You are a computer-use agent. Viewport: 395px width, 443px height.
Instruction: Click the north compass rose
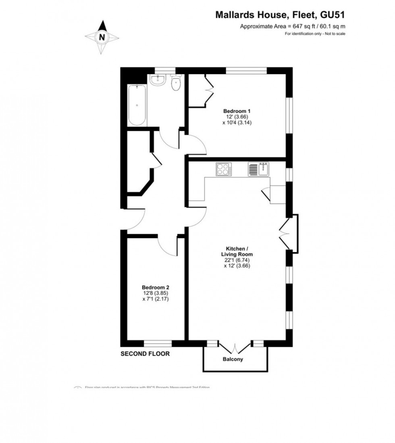point(102,38)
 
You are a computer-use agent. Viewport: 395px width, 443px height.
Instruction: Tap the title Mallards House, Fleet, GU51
point(280,15)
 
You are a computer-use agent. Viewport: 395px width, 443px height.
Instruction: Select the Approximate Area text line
point(293,27)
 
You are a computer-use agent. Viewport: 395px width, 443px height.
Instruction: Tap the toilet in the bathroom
point(176,84)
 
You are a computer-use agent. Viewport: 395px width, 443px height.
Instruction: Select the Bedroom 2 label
point(150,287)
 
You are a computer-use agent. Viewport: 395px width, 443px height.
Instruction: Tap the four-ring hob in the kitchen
point(224,169)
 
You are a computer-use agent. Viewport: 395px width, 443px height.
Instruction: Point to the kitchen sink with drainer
point(258,169)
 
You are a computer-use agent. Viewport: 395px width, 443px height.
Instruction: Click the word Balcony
point(233,359)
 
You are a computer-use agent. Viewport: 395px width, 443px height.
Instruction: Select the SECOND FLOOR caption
point(145,354)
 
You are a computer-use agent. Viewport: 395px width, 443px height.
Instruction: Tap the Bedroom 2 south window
point(158,344)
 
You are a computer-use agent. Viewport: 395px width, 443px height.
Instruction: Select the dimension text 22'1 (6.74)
point(237,260)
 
